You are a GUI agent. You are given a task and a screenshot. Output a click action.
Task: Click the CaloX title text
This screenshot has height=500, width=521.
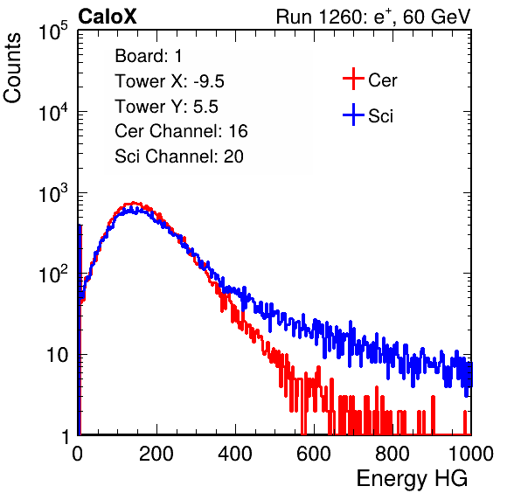[108, 17]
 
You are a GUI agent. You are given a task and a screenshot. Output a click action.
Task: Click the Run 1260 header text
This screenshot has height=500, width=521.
[373, 17]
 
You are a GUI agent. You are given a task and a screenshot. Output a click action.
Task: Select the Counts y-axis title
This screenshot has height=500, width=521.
[12, 68]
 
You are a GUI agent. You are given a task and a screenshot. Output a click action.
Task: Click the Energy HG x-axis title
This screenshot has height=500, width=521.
[412, 479]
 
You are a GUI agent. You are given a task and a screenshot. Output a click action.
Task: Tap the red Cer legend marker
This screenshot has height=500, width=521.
[353, 79]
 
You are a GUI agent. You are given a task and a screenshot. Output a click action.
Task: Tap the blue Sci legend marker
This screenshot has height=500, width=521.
[353, 115]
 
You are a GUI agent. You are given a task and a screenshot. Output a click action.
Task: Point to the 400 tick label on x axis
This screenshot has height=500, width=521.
[235, 454]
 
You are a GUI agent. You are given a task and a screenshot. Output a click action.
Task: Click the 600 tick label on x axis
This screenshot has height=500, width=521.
[314, 454]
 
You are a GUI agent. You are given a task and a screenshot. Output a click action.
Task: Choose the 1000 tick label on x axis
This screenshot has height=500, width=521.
[471, 454]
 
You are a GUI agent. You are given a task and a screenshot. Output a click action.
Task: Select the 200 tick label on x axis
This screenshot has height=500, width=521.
[156, 454]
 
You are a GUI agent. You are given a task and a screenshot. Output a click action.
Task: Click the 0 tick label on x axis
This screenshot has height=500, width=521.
[78, 454]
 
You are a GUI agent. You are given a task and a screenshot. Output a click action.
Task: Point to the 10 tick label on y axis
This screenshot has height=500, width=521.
[58, 355]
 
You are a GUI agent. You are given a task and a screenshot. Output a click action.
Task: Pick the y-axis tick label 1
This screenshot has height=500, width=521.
[66, 436]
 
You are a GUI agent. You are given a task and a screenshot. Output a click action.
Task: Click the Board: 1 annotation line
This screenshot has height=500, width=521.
[149, 56]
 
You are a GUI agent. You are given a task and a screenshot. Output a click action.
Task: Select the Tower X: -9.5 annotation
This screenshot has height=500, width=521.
[170, 81]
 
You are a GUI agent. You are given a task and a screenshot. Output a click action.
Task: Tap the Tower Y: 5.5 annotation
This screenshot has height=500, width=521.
[166, 107]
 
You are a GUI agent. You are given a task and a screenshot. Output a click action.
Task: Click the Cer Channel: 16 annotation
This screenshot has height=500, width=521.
[181, 131]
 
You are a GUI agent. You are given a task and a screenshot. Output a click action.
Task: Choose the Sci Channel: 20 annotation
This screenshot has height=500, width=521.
[179, 156]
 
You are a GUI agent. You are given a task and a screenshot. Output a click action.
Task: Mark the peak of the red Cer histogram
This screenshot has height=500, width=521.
[133, 202]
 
